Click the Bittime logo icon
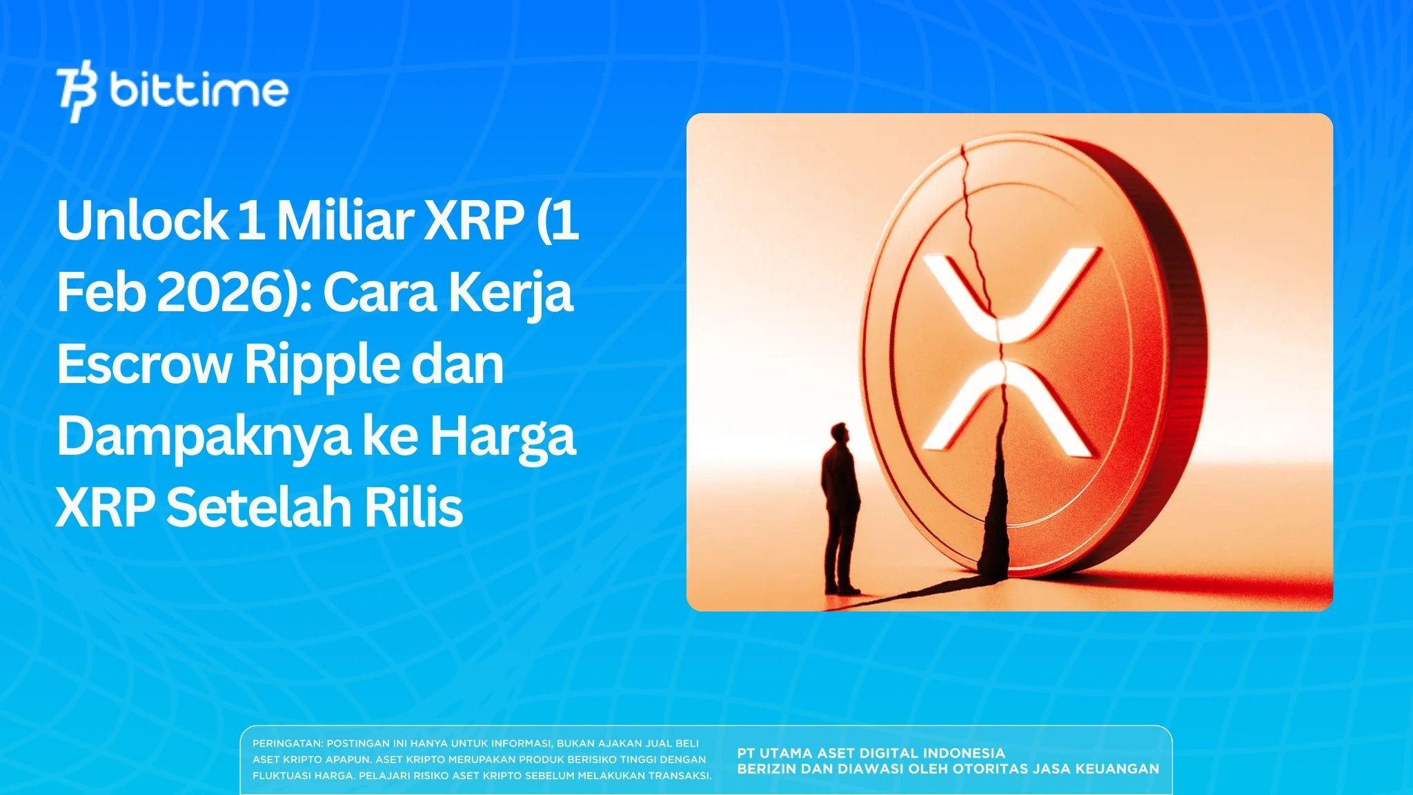(77, 94)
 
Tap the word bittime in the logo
(199, 90)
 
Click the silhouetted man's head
(840, 433)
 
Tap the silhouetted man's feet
(844, 590)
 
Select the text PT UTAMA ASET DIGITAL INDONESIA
(871, 753)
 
